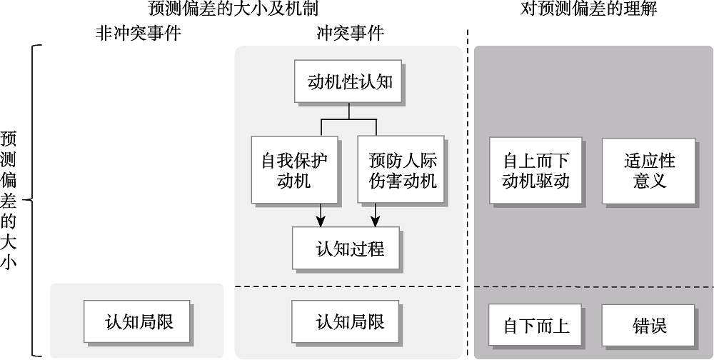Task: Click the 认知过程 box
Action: coord(346,248)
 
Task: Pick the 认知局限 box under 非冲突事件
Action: coord(139,321)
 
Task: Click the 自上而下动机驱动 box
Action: coord(535,170)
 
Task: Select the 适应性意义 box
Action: coord(649,170)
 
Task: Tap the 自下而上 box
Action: coord(535,325)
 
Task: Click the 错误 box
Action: coord(649,325)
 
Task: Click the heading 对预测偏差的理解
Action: coord(588,9)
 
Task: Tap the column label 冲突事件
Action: coord(349,33)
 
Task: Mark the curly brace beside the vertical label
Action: coord(31,200)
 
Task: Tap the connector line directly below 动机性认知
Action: coord(348,110)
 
